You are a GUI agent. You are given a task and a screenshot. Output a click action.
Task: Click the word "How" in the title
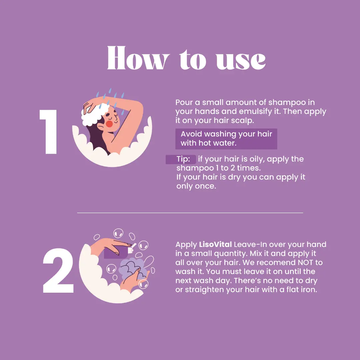(138, 58)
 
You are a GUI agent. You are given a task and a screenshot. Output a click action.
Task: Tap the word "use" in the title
(241, 60)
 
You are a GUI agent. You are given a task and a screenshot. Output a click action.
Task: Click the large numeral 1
(49, 132)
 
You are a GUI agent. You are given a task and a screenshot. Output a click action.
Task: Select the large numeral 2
(58, 271)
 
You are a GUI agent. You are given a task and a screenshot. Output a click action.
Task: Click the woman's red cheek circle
(109, 124)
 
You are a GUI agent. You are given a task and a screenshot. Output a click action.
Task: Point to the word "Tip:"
(183, 159)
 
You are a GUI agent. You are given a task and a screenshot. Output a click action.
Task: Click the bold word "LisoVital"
(215, 244)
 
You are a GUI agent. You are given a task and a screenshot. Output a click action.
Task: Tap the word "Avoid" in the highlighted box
(191, 134)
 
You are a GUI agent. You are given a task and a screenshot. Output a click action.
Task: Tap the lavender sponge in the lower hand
(132, 268)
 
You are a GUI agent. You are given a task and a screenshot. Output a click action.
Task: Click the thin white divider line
(190, 213)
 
